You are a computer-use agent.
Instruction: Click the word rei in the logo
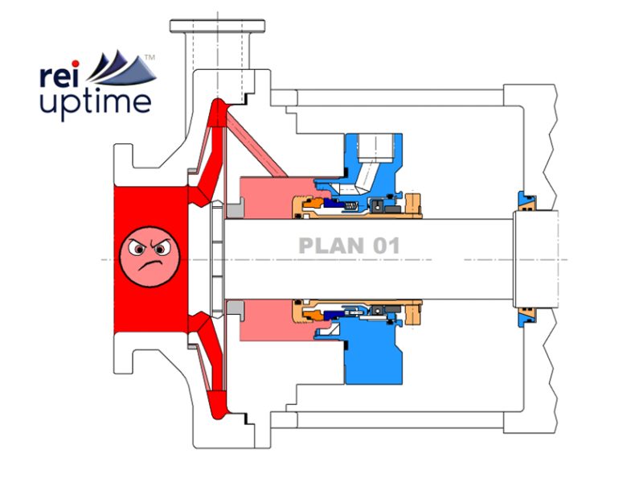[59, 76]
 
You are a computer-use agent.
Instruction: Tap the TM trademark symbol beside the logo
[149, 56]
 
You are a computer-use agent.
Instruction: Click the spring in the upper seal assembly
[350, 208]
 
